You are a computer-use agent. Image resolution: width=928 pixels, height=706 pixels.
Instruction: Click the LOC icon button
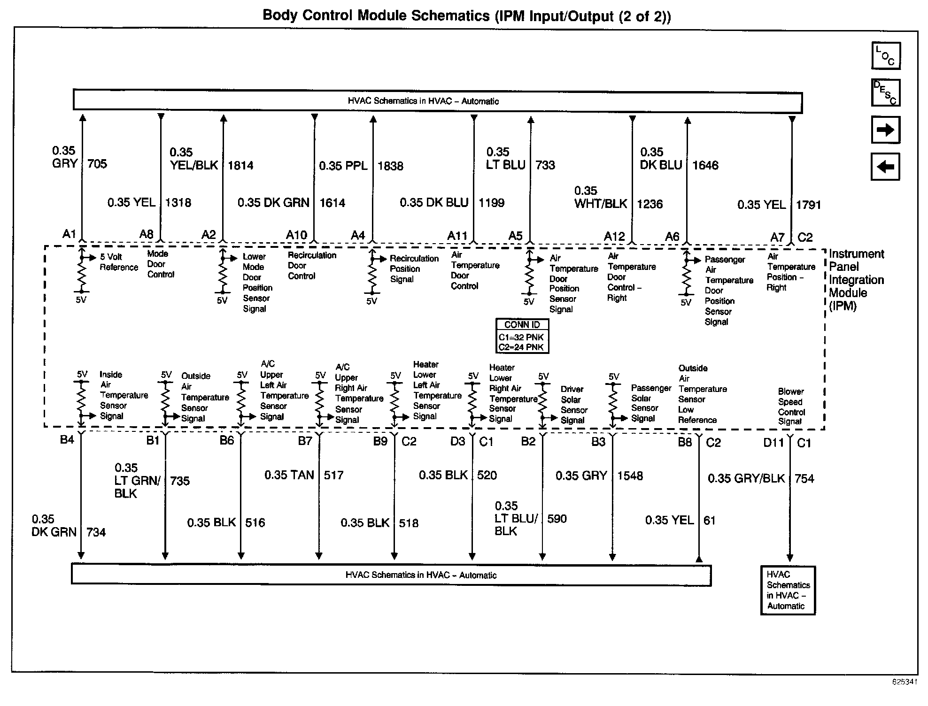click(886, 56)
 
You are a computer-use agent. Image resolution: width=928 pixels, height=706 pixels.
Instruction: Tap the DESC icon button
click(886, 92)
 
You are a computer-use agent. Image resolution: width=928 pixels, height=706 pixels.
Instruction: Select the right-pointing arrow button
click(886, 130)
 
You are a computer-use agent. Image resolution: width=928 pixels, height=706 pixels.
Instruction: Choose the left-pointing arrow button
click(885, 166)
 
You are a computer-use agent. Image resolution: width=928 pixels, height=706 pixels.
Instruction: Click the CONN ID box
click(522, 336)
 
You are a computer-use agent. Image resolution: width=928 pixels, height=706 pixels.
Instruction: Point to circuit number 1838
click(390, 166)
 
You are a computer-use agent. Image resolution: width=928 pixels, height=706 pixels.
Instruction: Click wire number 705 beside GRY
click(97, 164)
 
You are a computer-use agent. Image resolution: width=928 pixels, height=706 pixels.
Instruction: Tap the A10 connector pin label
click(296, 235)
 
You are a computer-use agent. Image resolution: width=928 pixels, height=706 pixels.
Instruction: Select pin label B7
click(305, 441)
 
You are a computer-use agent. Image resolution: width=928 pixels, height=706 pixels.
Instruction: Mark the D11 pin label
click(774, 443)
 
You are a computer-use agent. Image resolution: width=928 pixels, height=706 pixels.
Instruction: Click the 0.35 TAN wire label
click(289, 475)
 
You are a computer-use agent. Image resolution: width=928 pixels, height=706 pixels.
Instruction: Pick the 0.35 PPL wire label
click(343, 166)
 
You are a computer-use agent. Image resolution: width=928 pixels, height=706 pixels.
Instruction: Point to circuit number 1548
click(630, 476)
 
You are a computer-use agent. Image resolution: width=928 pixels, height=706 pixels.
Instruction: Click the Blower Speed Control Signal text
click(791, 407)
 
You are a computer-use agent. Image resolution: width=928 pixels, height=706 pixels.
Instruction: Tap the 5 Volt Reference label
click(118, 262)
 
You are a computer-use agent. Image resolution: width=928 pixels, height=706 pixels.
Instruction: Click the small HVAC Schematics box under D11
click(788, 590)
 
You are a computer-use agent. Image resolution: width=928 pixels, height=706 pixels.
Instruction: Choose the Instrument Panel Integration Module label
click(856, 280)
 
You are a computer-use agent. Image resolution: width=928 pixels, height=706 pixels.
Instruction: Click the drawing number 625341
click(905, 682)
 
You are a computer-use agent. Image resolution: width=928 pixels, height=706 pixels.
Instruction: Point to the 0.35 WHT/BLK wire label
click(601, 198)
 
